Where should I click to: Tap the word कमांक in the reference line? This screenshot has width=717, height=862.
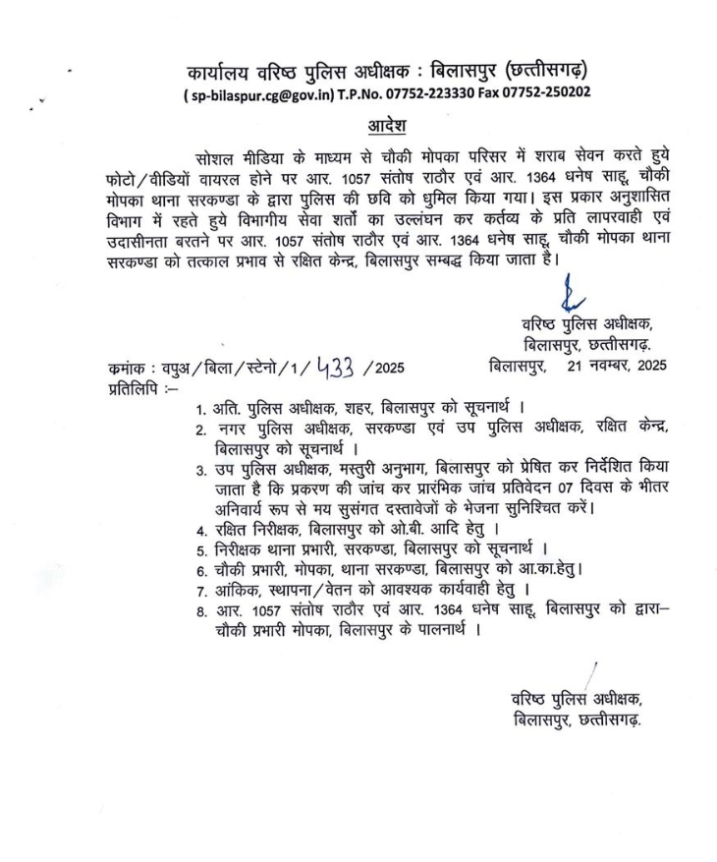(128, 369)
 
